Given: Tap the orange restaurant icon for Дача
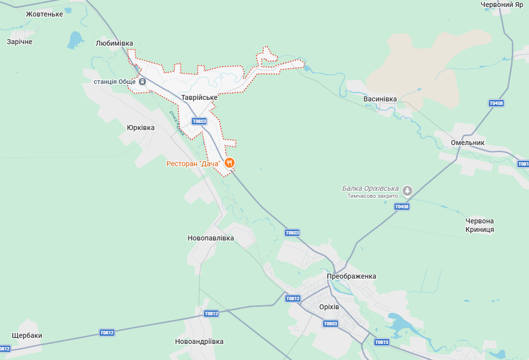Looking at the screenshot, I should click(230, 162).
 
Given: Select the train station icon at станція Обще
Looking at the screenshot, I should click(143, 81).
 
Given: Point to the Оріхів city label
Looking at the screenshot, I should click(329, 307).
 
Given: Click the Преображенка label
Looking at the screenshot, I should click(351, 277).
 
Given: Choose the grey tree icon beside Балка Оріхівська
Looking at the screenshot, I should click(407, 190).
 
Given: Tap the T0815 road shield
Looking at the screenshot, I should click(381, 342).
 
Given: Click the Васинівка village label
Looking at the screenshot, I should click(380, 99).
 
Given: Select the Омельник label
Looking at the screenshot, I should click(467, 143).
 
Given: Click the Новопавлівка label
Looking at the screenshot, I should click(210, 238).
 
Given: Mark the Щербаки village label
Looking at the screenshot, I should click(27, 336).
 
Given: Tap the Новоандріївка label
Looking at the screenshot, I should click(199, 341).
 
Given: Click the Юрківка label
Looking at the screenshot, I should click(141, 128).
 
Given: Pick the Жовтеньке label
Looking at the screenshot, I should click(45, 14).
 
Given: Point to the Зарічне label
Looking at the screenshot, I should click(20, 42).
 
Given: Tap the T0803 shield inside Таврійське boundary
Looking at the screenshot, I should click(199, 121).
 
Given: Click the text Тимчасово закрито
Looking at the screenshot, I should click(372, 196).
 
